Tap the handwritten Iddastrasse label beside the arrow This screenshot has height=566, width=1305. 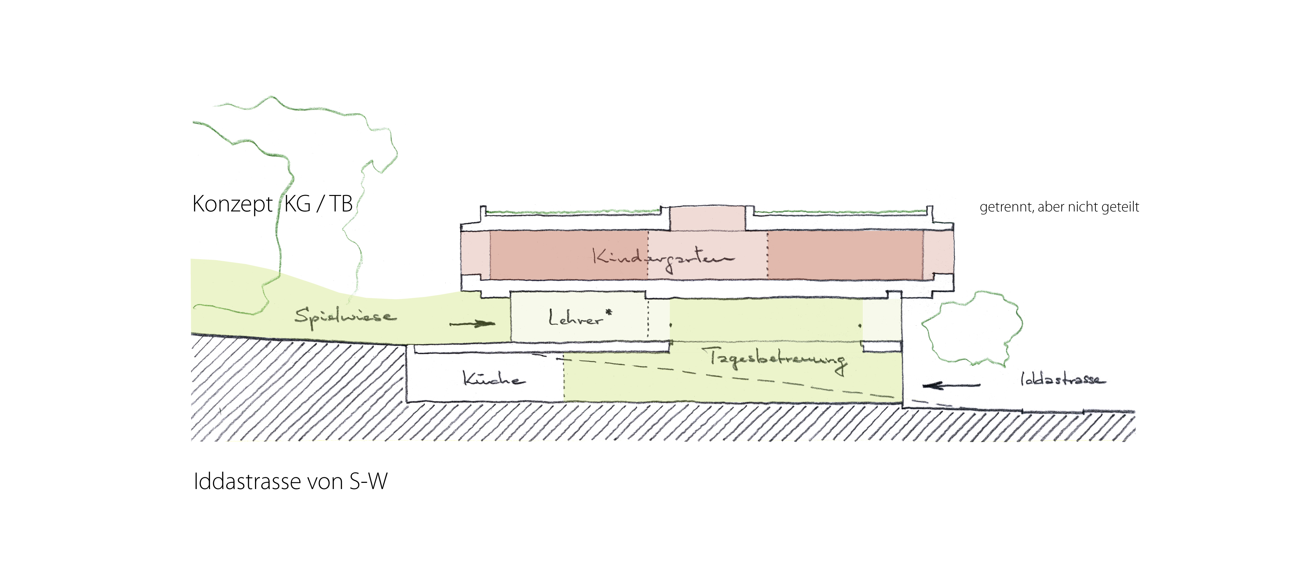click(1062, 379)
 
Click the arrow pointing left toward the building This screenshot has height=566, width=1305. click(951, 386)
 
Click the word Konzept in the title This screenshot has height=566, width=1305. click(232, 204)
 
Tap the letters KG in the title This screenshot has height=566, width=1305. click(297, 204)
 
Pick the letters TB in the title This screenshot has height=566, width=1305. click(341, 204)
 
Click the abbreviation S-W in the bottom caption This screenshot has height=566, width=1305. click(368, 481)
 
